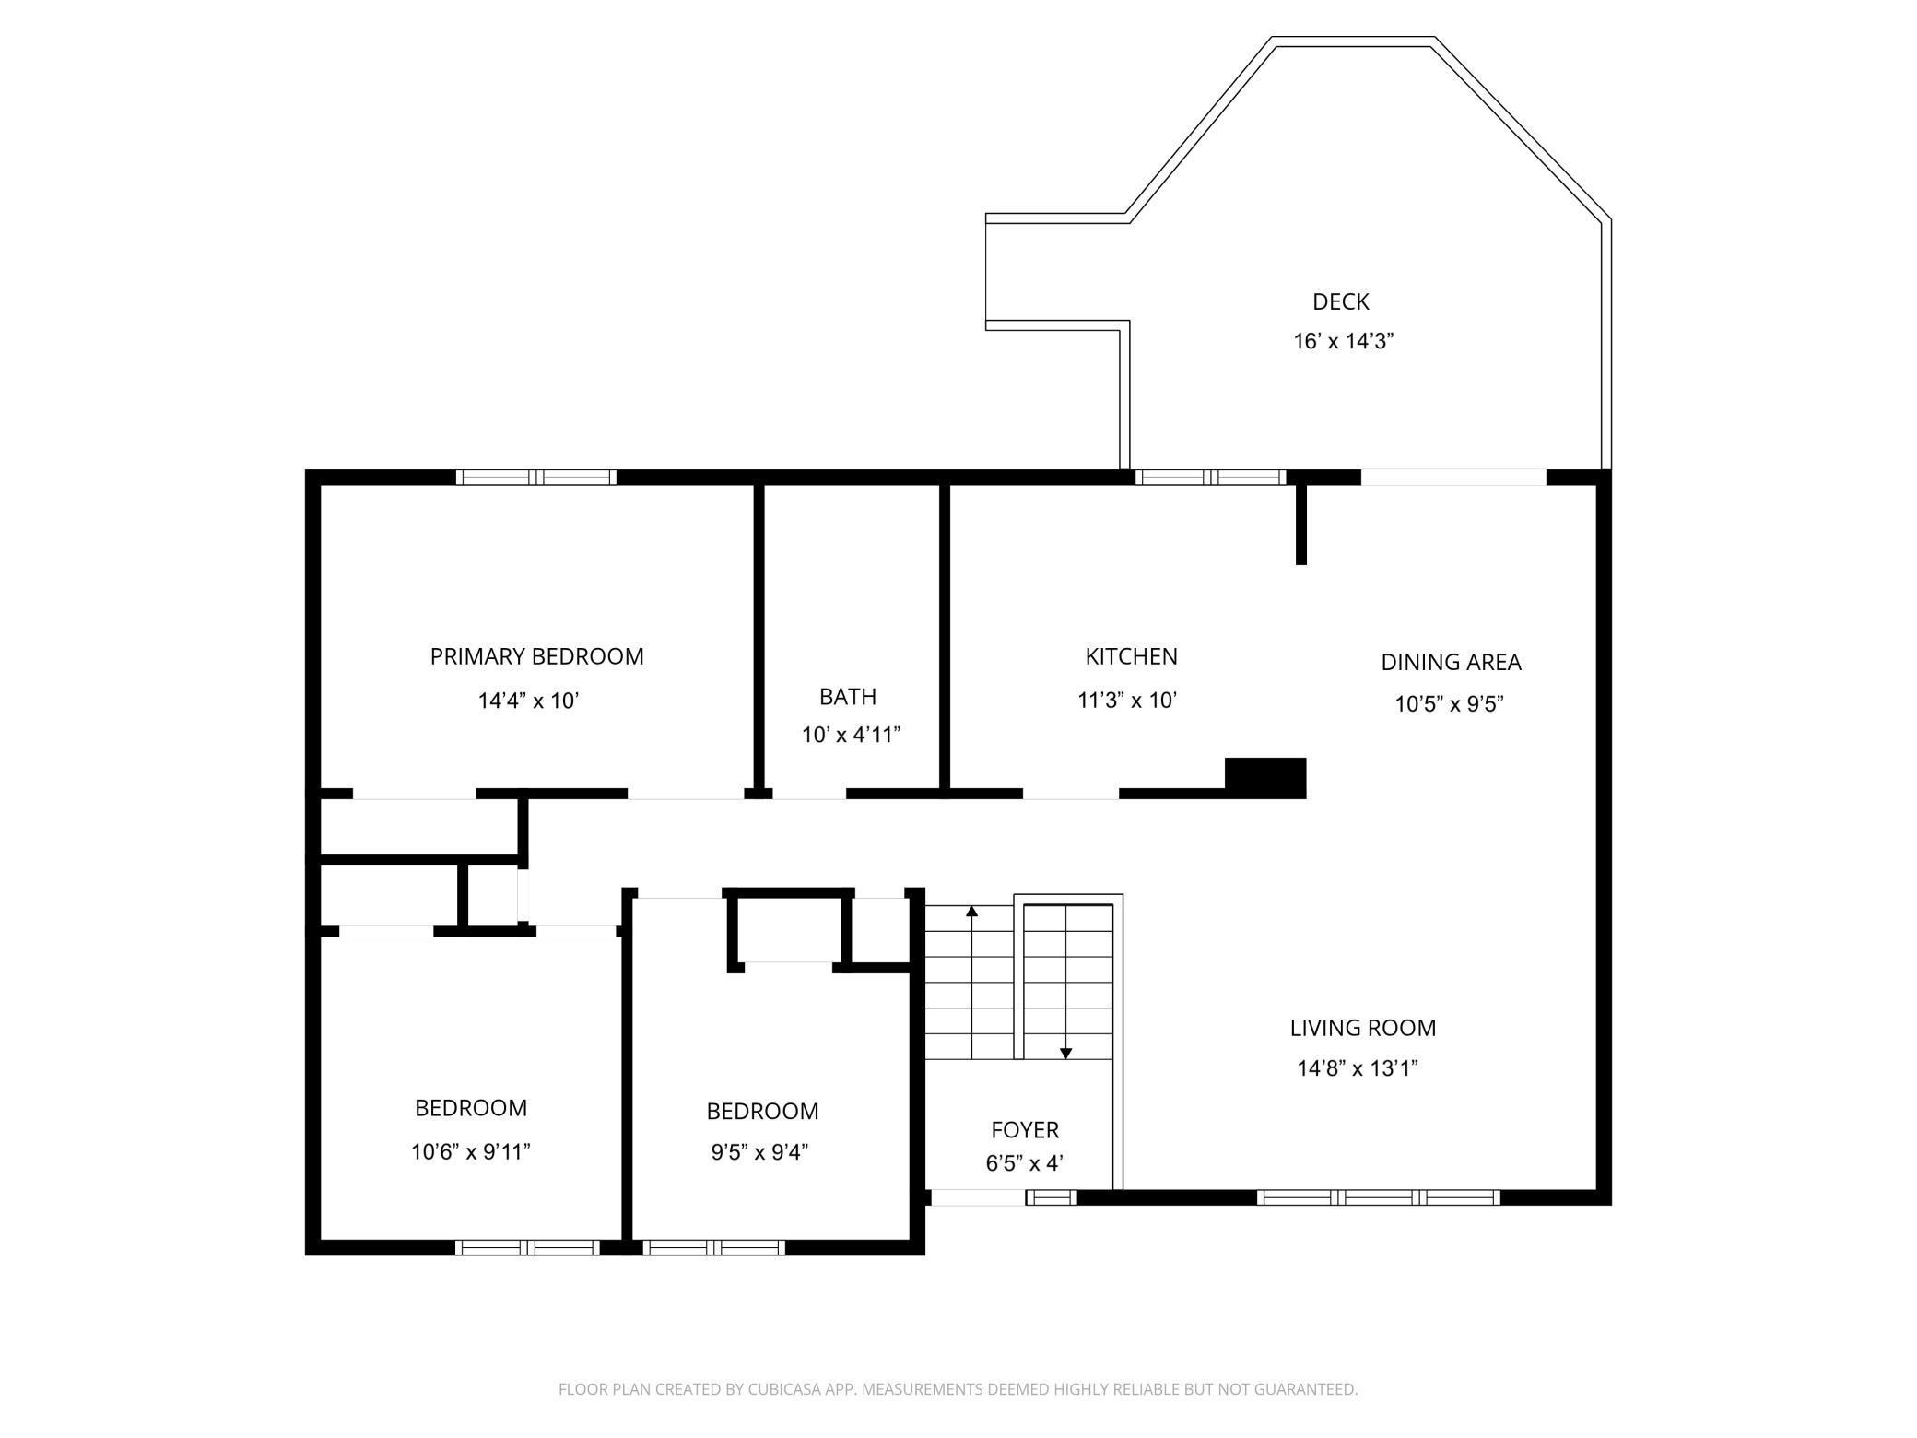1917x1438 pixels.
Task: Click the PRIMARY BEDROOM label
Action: coord(536,656)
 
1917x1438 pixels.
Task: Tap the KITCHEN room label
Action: coord(1131,656)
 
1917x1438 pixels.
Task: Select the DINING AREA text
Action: coord(1451,662)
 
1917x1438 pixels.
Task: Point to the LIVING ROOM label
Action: coord(1362,1028)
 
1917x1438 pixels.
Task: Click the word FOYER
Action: coord(1025,1130)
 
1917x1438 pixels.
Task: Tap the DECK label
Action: coord(1341,301)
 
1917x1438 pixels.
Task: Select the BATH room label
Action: coord(848,696)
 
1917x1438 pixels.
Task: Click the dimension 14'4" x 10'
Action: coord(528,701)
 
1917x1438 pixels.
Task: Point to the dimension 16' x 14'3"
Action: coord(1343,341)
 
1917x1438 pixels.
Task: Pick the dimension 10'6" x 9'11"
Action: coord(471,1151)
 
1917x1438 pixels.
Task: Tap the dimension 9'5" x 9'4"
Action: coord(759,1152)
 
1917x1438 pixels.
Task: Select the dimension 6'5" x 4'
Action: coord(1025,1163)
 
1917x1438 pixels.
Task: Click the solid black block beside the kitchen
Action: coord(1265,777)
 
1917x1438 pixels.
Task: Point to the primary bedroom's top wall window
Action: coord(536,477)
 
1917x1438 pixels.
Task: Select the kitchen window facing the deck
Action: coord(1210,477)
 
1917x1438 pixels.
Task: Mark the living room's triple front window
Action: coord(1379,1197)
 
